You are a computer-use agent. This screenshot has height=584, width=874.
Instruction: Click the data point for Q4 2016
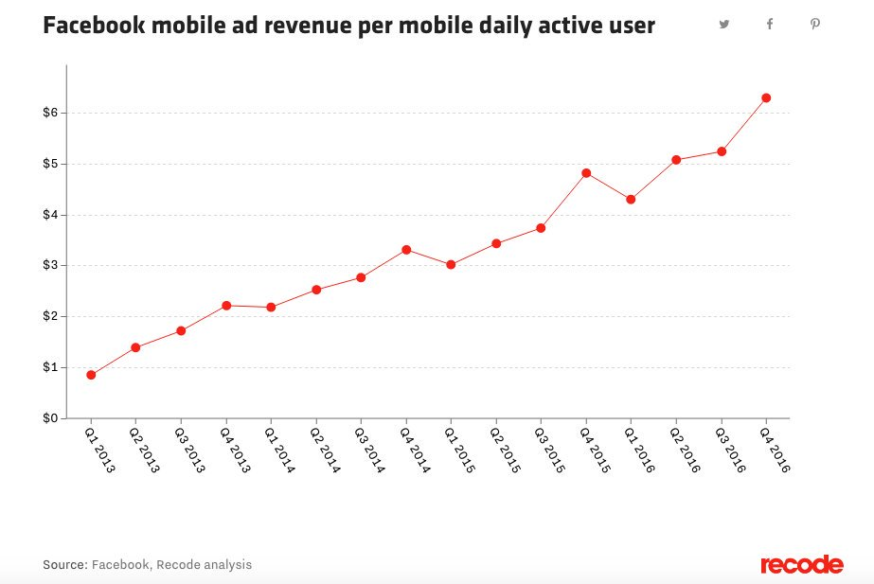766,97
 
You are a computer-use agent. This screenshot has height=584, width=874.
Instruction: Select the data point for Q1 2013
91,375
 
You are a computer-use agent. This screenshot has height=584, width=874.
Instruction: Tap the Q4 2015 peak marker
586,173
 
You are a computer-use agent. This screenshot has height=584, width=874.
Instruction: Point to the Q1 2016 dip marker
631,200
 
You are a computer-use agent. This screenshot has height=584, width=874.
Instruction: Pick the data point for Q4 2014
406,250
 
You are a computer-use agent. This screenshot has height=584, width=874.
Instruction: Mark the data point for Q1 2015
451,265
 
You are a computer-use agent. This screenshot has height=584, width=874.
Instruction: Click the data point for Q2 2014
316,290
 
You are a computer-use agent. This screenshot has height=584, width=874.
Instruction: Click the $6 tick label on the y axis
50,113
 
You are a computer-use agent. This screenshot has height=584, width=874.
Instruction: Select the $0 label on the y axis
50,418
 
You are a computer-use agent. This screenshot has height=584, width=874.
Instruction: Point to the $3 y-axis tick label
50,266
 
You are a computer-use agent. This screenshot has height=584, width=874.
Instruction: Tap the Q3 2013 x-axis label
188,449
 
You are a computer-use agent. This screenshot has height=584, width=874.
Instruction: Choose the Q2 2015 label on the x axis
504,449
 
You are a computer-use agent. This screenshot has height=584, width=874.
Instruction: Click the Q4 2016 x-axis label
774,449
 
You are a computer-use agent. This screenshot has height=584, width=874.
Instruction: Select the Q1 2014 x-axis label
278,449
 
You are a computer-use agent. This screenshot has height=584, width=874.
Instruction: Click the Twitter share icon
724,25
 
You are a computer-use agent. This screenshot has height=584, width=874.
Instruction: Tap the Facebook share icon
770,25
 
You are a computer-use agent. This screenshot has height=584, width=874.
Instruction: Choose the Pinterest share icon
814,25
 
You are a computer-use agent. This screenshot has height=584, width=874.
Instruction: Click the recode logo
801,565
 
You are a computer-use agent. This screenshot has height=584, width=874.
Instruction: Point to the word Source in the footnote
64,565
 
